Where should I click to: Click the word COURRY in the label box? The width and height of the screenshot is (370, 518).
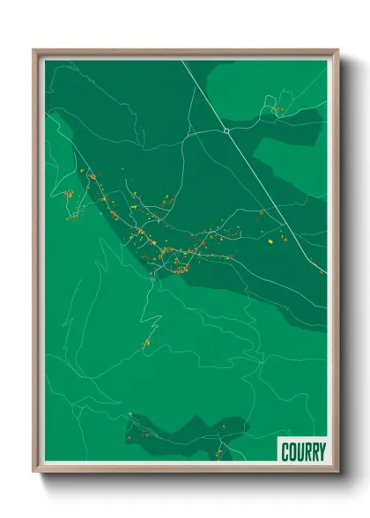pyautogui.click(x=303, y=452)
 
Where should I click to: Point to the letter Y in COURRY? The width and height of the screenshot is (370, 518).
pyautogui.click(x=322, y=452)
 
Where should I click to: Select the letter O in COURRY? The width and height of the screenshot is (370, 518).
pyautogui.click(x=292, y=452)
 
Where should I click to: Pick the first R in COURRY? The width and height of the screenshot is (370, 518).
pyautogui.click(x=307, y=452)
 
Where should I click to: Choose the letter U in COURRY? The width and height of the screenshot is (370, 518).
pyautogui.click(x=300, y=452)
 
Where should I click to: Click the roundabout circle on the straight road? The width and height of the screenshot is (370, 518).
pyautogui.click(x=226, y=130)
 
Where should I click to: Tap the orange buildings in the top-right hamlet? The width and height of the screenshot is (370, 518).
pyautogui.click(x=276, y=110)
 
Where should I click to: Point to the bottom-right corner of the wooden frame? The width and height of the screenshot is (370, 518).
pyautogui.click(x=337, y=471)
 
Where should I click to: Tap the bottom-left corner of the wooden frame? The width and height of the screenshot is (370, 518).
pyautogui.click(x=35, y=471)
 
